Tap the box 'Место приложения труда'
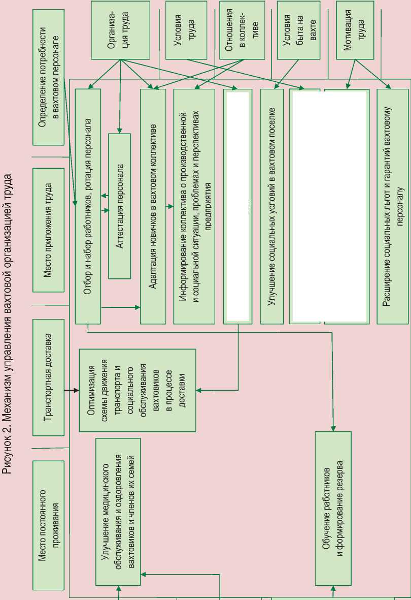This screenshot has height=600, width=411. tap(48, 230)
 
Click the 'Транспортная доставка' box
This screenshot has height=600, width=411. tap(48, 377)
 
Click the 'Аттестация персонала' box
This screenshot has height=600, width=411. tap(120, 206)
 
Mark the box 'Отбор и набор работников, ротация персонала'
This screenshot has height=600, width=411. tap(88, 206)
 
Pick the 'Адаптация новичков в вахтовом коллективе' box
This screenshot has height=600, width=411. tap(153, 206)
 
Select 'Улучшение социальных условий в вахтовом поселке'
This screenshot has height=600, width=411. tap(271, 206)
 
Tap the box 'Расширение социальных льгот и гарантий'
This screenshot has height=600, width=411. tap(393, 206)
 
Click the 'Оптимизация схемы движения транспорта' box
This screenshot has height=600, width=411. tap(137, 390)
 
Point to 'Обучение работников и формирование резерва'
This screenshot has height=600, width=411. tap(333, 508)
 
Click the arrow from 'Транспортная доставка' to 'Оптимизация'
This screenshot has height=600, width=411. tap(72, 390)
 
